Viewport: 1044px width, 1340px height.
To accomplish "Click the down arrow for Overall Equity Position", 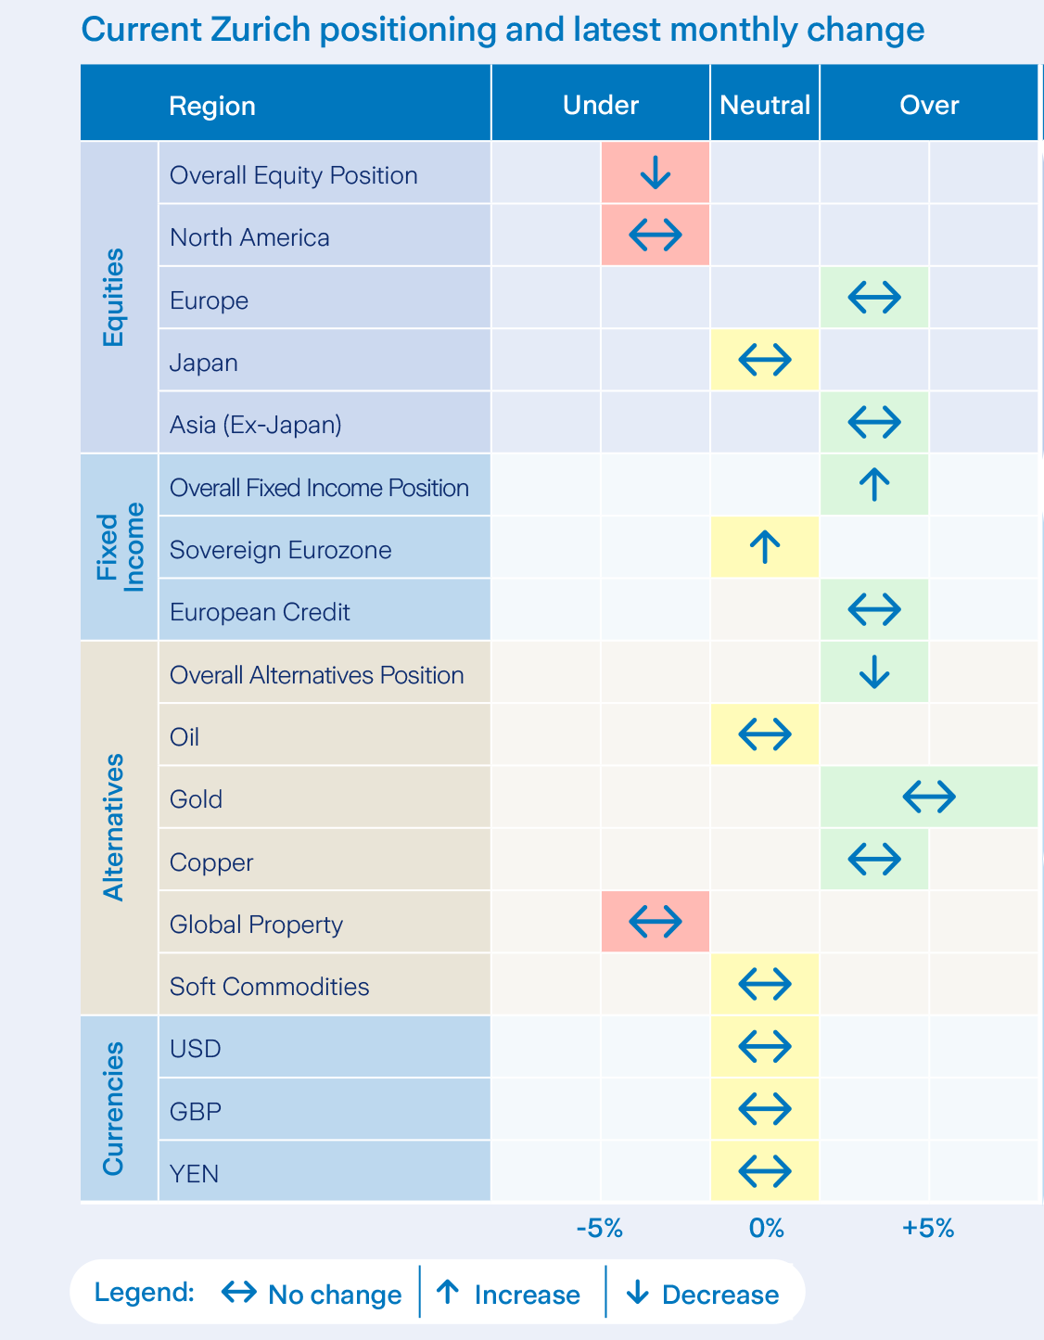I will (x=656, y=172).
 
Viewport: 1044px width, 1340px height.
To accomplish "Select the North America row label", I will (x=249, y=237).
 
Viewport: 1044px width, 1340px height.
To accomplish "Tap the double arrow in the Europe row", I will (x=873, y=298).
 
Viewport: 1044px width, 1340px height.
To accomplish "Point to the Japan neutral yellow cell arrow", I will (x=765, y=360).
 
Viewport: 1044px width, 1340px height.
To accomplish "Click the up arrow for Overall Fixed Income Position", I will (x=874, y=484).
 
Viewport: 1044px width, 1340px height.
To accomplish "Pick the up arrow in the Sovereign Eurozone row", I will (x=765, y=547).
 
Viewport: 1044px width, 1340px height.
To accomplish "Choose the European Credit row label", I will (x=260, y=612).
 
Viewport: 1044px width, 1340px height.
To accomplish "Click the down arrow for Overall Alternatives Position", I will (x=874, y=672).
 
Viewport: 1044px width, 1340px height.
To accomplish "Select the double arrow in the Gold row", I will (x=928, y=797).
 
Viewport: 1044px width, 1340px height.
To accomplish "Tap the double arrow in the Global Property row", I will (x=656, y=922).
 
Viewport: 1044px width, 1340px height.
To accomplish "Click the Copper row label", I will (x=211, y=862).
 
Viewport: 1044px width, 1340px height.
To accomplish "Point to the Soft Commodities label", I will (x=269, y=987).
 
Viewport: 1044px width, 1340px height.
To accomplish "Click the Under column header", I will (x=601, y=105).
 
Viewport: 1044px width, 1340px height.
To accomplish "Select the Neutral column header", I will (x=765, y=105).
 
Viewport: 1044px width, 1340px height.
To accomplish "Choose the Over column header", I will (x=929, y=105).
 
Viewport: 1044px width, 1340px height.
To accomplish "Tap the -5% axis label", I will (x=599, y=1230).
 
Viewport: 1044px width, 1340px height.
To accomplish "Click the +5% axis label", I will (x=928, y=1230).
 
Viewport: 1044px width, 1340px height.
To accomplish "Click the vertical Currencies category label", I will (x=113, y=1108).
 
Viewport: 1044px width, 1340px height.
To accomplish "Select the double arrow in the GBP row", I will (x=765, y=1108).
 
